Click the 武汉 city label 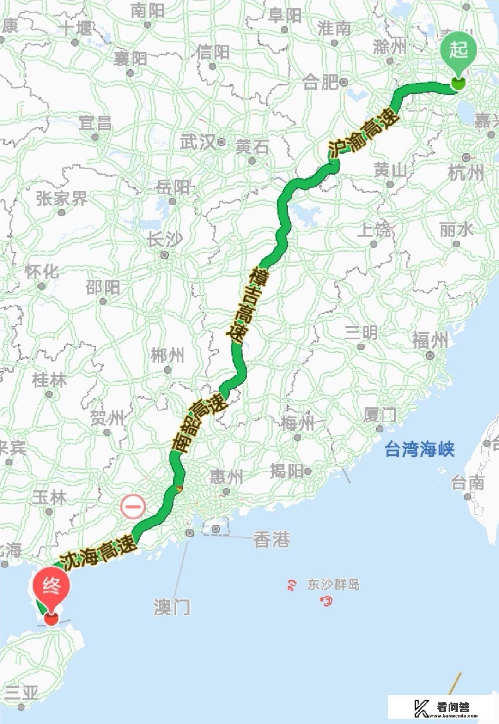[x=198, y=142]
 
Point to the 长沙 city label [x=164, y=240]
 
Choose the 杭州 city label [x=466, y=173]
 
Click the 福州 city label [x=430, y=341]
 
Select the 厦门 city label [x=379, y=415]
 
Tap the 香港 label [x=272, y=539]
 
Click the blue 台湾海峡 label [x=420, y=449]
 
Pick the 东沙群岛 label [x=333, y=585]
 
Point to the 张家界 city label [x=61, y=199]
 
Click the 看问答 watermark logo [x=442, y=708]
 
